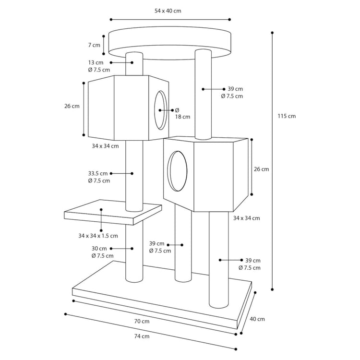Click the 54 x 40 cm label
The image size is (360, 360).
[x=168, y=11]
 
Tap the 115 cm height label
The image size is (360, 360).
[x=287, y=116]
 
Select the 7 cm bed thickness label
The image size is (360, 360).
[x=94, y=45]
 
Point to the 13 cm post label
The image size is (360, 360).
[x=96, y=62]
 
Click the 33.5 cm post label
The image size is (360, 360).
[x=98, y=173]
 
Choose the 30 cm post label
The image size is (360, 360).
[x=99, y=249]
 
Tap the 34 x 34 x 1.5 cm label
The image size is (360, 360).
[x=98, y=236]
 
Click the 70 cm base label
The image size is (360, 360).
[x=142, y=321]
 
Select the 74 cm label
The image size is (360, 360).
[x=142, y=336]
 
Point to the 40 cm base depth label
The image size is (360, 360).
[x=257, y=319]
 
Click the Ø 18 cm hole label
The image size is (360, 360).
[x=182, y=113]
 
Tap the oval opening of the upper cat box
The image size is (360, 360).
[x=160, y=110]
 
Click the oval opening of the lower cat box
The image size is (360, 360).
[x=177, y=171]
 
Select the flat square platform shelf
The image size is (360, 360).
[x=113, y=212]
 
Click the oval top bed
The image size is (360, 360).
[x=170, y=43]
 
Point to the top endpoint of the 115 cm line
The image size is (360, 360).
[x=272, y=33]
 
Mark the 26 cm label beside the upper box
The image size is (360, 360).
[x=72, y=106]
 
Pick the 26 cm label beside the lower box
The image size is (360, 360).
[x=261, y=169]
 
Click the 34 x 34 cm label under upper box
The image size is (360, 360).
[x=106, y=146]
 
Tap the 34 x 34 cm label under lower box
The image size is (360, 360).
[x=247, y=218]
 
